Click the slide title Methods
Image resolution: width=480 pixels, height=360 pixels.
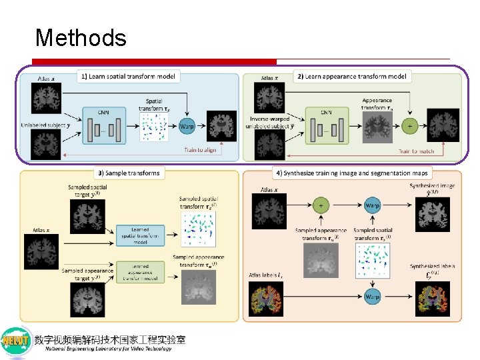pos(81,37)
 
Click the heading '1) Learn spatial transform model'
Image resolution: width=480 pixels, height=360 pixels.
pos(128,77)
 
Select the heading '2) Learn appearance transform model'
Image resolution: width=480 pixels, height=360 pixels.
pos(352,77)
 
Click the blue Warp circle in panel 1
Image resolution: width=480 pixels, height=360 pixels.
pos(188,125)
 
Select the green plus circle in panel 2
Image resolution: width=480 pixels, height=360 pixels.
pos(409,125)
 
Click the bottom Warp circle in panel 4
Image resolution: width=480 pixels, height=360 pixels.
pos(373,297)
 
